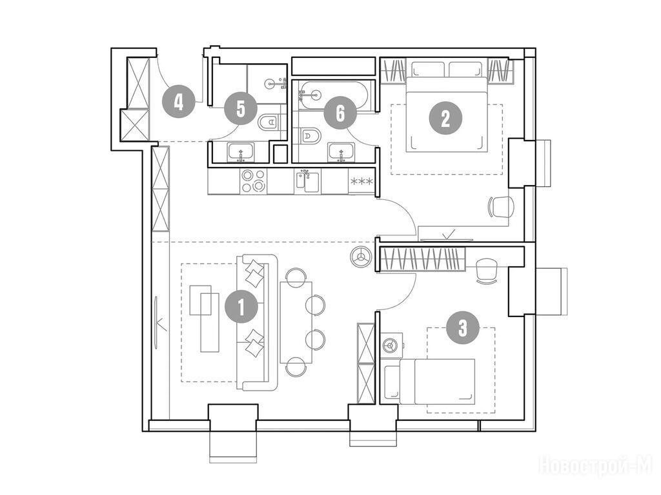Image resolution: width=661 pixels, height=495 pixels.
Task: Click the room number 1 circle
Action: [241, 307]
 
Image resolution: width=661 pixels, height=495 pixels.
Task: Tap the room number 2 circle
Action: [445, 119]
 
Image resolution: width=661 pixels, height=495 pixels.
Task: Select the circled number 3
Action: [463, 327]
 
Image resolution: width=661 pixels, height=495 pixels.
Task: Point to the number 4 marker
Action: [179, 101]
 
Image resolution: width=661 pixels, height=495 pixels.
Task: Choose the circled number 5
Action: [240, 109]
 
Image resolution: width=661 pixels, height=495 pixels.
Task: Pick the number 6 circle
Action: [340, 113]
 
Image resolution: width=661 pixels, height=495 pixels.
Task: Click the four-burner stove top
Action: [253, 180]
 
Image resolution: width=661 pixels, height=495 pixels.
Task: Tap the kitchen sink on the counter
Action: [307, 180]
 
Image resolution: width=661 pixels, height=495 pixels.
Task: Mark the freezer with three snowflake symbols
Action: [361, 181]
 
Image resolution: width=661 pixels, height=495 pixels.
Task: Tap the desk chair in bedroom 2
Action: [501, 207]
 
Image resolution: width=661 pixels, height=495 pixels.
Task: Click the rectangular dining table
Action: [296, 322]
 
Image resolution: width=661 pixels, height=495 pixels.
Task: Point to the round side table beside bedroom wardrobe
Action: [361, 257]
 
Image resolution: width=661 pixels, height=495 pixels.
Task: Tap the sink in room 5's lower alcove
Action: [241, 152]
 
